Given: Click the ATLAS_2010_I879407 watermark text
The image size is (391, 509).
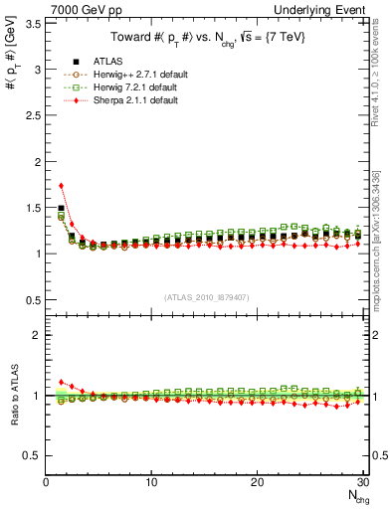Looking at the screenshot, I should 206,296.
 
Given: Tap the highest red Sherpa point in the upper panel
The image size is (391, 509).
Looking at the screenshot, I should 62,186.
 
